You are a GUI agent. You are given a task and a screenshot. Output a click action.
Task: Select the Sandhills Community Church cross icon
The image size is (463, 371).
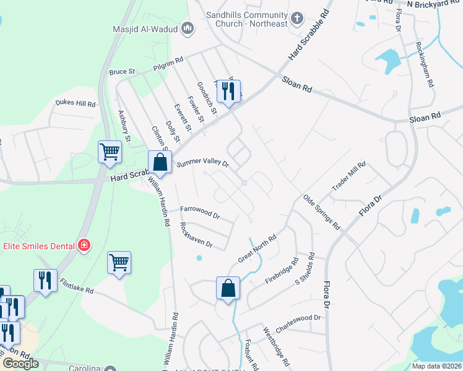point(297,18)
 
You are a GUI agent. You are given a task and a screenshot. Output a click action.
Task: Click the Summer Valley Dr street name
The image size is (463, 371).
point(203,164)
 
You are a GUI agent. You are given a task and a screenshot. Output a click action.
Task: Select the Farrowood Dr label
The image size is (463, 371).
point(200,213)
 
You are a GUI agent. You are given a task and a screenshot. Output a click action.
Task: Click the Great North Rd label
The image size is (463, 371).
point(257,248)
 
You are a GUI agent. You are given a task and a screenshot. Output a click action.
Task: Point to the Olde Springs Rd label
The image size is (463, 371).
point(321,212)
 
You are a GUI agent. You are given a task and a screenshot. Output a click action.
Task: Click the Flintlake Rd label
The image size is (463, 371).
point(77,285)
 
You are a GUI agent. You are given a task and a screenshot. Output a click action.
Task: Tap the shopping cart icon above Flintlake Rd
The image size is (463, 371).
point(119,262)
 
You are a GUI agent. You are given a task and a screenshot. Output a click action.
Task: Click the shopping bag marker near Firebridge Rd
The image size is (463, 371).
point(228,288)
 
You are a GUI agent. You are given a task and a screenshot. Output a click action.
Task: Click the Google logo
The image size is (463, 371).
point(20,364)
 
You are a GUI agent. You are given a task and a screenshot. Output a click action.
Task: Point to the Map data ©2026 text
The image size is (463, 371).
point(437,366)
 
